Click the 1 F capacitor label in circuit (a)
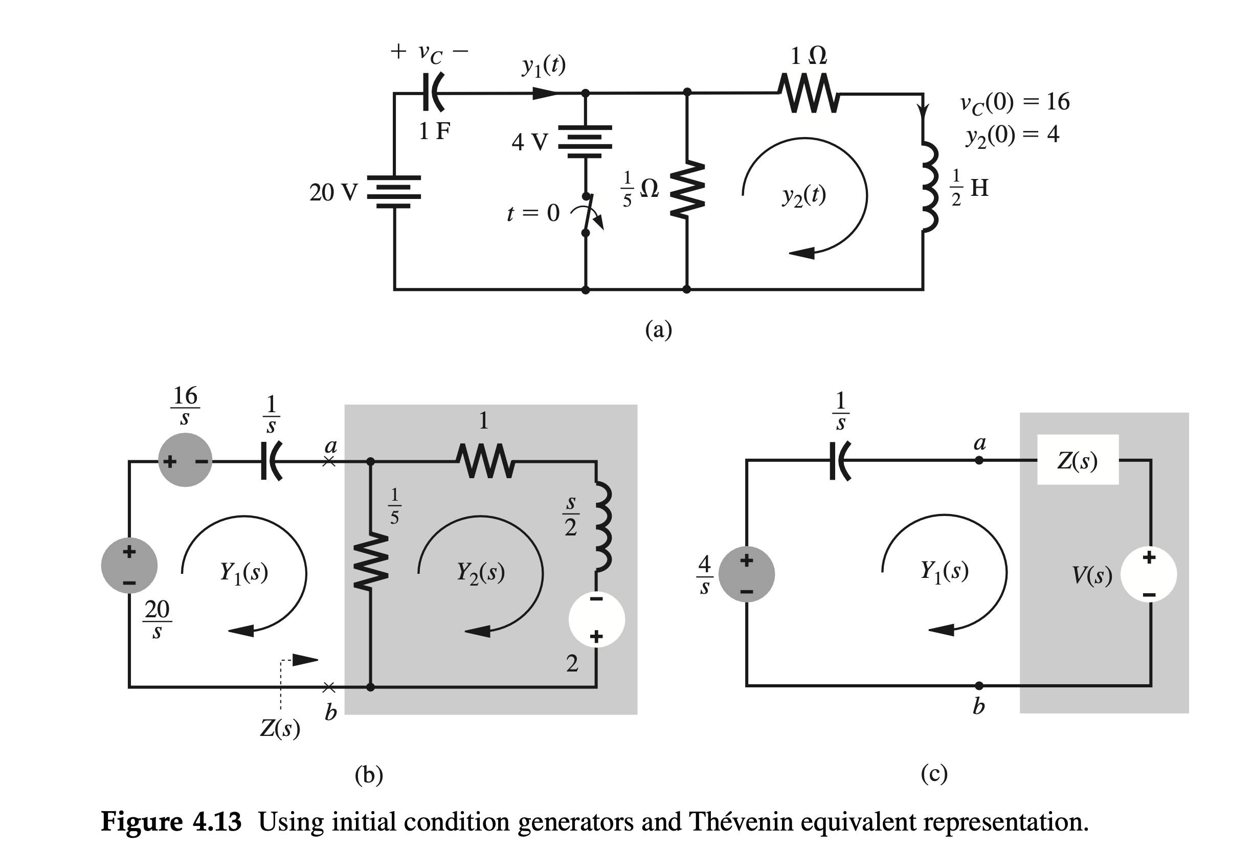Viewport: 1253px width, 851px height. [435, 131]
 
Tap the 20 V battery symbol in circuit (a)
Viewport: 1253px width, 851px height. [394, 192]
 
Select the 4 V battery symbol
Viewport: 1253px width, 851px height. [585, 141]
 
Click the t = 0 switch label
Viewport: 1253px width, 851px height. [533, 214]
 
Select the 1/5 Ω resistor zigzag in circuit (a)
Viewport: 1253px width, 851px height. [687, 189]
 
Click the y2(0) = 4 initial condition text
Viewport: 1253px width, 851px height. [1012, 134]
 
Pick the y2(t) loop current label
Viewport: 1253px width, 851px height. [804, 195]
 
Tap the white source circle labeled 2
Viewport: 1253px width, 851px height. [596, 619]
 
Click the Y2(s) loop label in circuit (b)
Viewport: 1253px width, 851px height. [480, 573]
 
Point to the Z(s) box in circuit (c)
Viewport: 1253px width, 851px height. [1077, 460]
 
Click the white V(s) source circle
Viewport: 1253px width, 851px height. [1148, 574]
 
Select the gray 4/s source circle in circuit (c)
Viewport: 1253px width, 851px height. [746, 575]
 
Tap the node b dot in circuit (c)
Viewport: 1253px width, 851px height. [979, 686]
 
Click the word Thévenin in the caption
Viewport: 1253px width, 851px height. [740, 822]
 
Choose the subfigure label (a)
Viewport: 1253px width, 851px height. [658, 329]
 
